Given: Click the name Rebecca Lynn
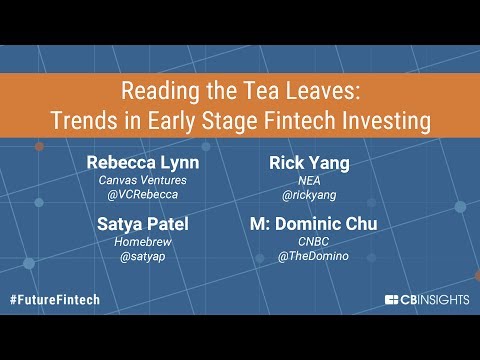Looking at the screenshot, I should (143, 162).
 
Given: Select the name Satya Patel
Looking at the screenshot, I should (143, 223).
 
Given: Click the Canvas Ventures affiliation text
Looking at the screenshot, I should (143, 180).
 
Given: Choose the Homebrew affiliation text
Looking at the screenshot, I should (143, 241).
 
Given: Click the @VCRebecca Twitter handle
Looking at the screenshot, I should (143, 196).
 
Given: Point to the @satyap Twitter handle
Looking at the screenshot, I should (143, 257).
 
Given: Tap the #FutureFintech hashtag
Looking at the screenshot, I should (58, 299).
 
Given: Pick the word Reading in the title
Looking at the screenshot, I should (155, 91).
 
